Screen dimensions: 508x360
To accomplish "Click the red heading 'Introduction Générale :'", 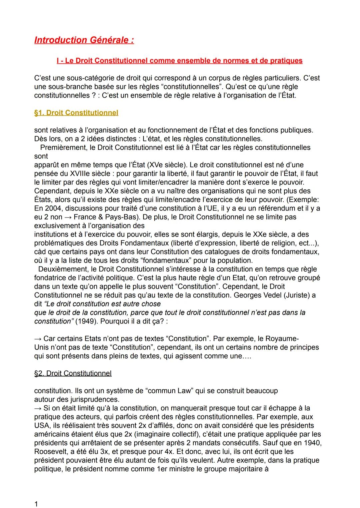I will [84, 40].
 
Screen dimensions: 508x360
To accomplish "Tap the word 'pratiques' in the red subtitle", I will [285, 61].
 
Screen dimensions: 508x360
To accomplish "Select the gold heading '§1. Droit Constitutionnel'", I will [76, 113].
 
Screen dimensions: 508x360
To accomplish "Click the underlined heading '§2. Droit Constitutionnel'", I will [73, 373].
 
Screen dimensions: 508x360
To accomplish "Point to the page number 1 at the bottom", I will [36, 504].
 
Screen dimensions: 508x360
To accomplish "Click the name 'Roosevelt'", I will [49, 451].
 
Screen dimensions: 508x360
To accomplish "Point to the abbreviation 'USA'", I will [41, 425].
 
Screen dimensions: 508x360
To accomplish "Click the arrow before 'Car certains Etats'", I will [38, 338].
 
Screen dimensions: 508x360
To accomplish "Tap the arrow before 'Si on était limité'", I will [38, 408].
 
